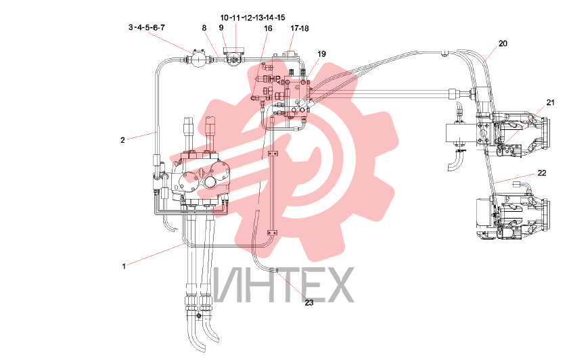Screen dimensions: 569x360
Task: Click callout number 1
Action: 124,267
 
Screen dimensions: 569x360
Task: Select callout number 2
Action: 122,139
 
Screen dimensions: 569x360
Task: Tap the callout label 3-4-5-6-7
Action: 147,28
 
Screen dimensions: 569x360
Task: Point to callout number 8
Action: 204,28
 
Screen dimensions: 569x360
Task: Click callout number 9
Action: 221,27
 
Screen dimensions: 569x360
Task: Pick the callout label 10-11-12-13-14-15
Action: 252,18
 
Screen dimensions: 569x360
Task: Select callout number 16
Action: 268,28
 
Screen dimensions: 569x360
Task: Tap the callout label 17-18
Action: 299,28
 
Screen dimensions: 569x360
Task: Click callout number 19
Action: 321,54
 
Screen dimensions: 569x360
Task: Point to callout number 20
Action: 503,43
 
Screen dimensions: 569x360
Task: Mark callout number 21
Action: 550,103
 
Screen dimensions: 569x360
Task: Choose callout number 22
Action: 541,173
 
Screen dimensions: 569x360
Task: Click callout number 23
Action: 309,302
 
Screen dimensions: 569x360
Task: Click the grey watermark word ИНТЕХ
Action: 283,286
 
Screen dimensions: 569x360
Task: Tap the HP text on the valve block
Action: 275,78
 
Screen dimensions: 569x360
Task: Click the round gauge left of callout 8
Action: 198,59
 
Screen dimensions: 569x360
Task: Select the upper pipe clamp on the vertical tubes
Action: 273,154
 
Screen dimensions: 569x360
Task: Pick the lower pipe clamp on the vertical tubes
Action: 273,233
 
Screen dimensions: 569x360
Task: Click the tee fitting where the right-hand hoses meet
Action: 445,54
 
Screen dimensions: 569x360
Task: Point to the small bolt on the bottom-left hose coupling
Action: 198,317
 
